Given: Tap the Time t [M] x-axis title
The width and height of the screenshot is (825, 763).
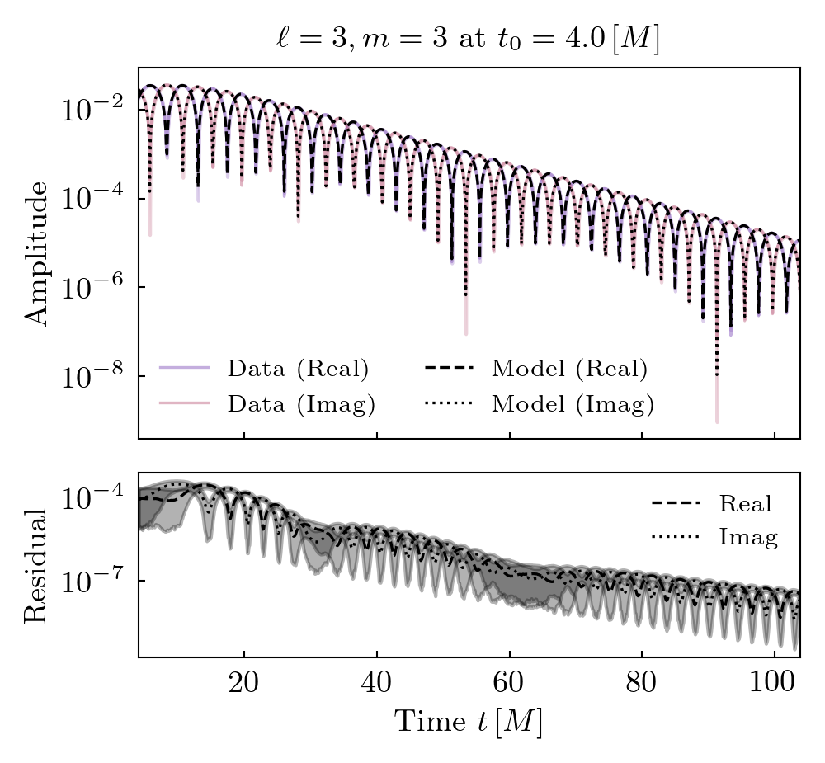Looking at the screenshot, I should click(x=468, y=723).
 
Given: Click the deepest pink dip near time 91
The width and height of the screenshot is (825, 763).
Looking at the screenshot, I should click(x=717, y=421).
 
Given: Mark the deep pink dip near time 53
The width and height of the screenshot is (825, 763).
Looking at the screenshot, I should click(x=466, y=332).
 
